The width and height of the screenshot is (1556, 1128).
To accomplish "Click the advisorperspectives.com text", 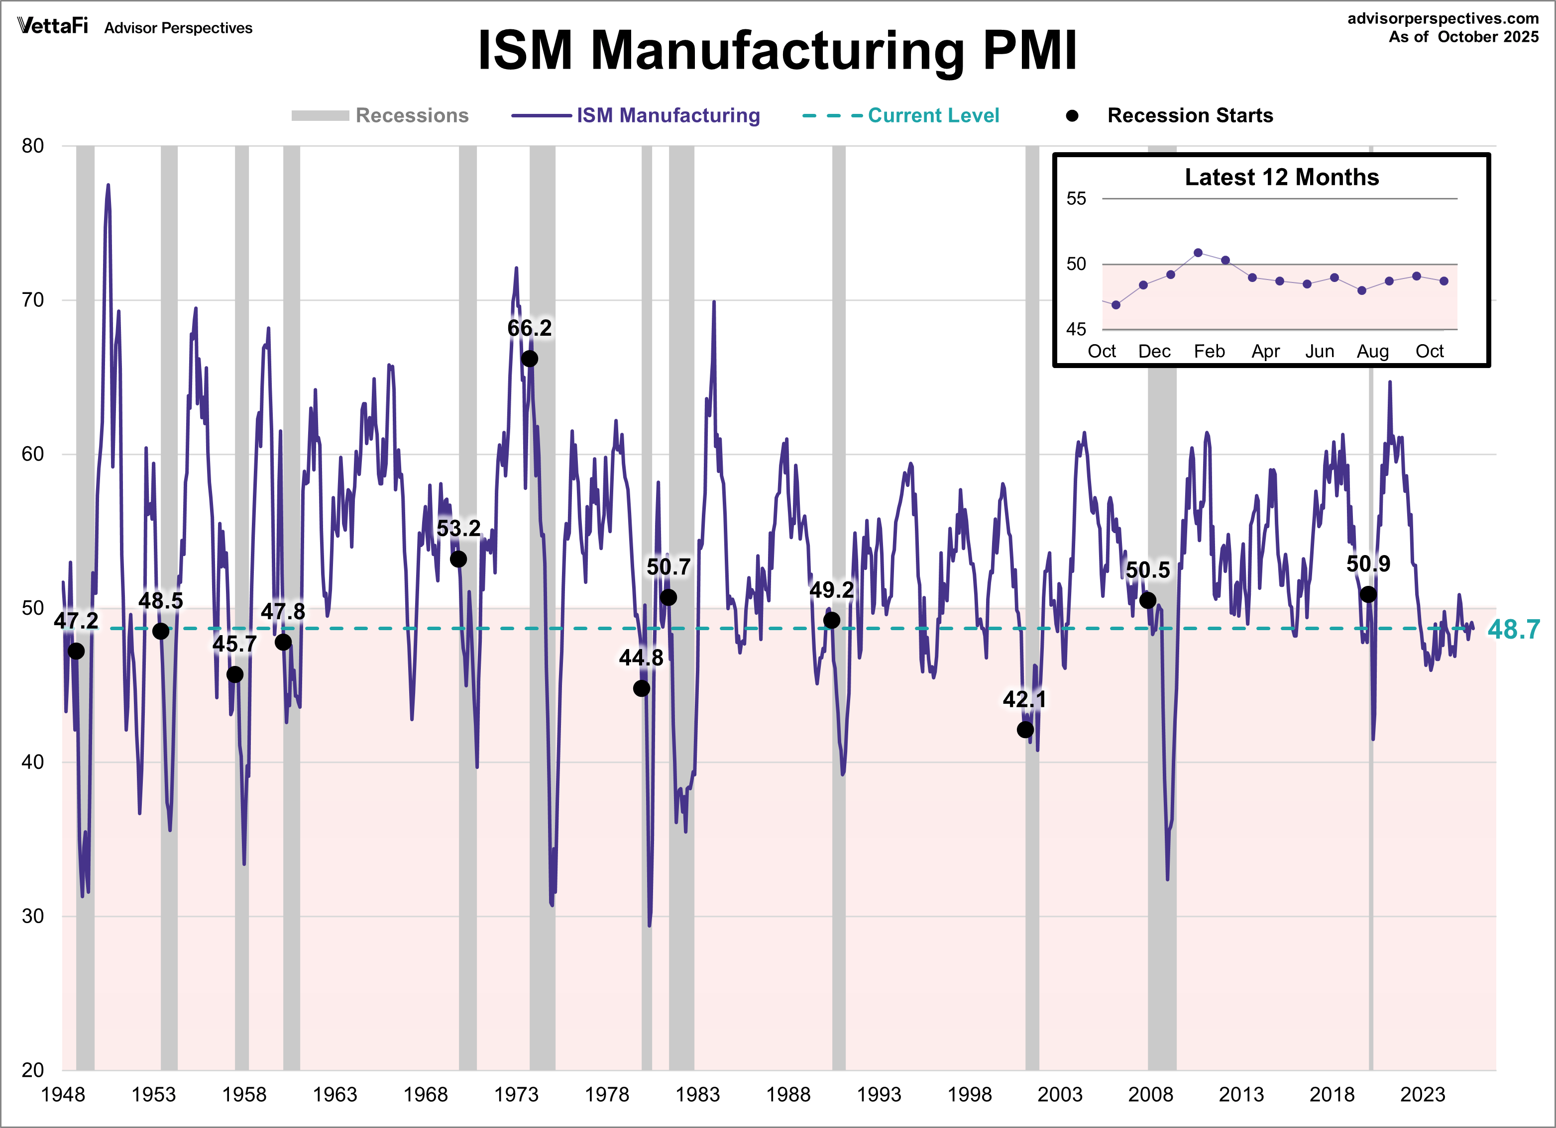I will [x=1443, y=18].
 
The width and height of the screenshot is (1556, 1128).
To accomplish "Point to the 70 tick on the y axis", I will [x=32, y=300].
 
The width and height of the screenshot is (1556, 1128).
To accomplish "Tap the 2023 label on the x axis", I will [x=1422, y=1094].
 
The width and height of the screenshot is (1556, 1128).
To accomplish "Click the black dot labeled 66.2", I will [x=529, y=359].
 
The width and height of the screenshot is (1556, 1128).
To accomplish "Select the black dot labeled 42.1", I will [x=1025, y=730].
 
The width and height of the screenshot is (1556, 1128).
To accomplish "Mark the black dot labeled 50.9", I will [x=1368, y=594].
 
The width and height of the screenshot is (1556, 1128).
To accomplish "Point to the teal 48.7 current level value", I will [x=1514, y=629].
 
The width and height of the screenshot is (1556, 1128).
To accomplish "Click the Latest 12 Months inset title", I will [x=1282, y=177].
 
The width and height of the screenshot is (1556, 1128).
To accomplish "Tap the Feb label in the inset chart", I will [x=1209, y=351].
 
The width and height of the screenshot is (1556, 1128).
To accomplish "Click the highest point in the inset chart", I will [x=1198, y=252].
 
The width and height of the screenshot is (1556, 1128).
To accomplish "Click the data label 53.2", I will [x=458, y=529].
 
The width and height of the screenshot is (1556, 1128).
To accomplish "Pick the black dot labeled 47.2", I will [x=76, y=651].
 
